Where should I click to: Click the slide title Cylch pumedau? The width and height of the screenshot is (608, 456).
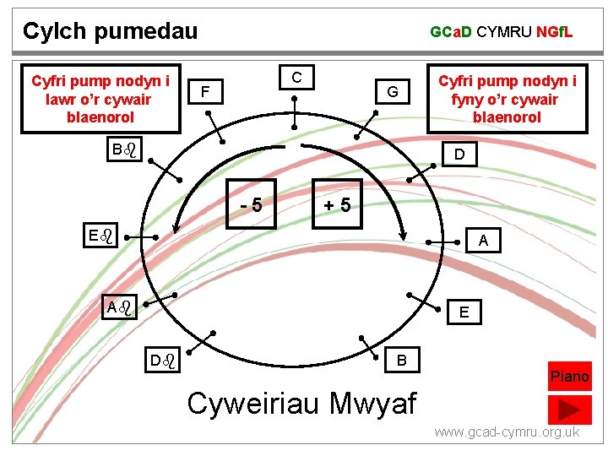(x=110, y=31)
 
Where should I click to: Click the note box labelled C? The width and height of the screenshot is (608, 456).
(x=297, y=77)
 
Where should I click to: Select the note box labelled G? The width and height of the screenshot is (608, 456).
(x=393, y=90)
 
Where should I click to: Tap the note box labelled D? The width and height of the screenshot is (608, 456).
(x=459, y=155)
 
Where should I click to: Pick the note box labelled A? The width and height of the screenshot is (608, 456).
(x=483, y=241)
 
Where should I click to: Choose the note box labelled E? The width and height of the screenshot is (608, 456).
(x=464, y=312)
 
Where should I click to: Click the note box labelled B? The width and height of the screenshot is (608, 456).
(x=403, y=361)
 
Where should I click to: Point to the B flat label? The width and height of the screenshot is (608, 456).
(x=123, y=150)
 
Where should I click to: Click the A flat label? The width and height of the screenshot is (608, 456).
(x=118, y=307)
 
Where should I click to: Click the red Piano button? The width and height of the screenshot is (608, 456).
(x=569, y=377)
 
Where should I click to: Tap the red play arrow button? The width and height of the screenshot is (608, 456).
(x=569, y=409)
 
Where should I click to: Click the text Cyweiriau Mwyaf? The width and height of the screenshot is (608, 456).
(x=302, y=403)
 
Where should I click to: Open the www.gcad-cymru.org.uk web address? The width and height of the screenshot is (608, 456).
(x=507, y=432)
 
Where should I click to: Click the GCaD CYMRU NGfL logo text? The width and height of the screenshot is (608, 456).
(x=502, y=32)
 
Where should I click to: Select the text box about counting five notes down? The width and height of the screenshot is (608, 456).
(x=100, y=98)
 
